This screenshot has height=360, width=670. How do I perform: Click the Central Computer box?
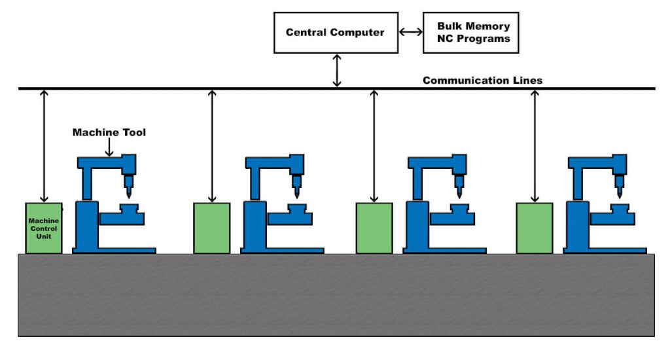(335, 32)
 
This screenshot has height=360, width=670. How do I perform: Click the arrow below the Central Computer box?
(337, 71)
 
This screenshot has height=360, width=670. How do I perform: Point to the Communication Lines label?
(482, 81)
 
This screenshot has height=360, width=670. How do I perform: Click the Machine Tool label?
(109, 132)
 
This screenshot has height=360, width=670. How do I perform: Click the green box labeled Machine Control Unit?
(44, 228)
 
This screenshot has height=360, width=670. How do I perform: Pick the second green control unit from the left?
(212, 228)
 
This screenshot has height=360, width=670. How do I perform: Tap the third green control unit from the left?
(374, 228)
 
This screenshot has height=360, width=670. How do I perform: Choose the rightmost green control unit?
(535, 228)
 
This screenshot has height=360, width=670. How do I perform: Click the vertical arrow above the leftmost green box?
(44, 145)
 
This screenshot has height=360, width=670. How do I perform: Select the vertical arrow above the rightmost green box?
(535, 145)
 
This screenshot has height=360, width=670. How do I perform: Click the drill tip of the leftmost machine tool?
(129, 194)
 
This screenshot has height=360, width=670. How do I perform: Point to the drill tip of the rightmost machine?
(619, 194)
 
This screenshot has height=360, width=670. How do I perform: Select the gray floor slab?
(336, 295)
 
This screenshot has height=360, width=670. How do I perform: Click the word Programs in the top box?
(484, 39)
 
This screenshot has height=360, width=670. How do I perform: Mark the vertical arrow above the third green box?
(374, 145)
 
